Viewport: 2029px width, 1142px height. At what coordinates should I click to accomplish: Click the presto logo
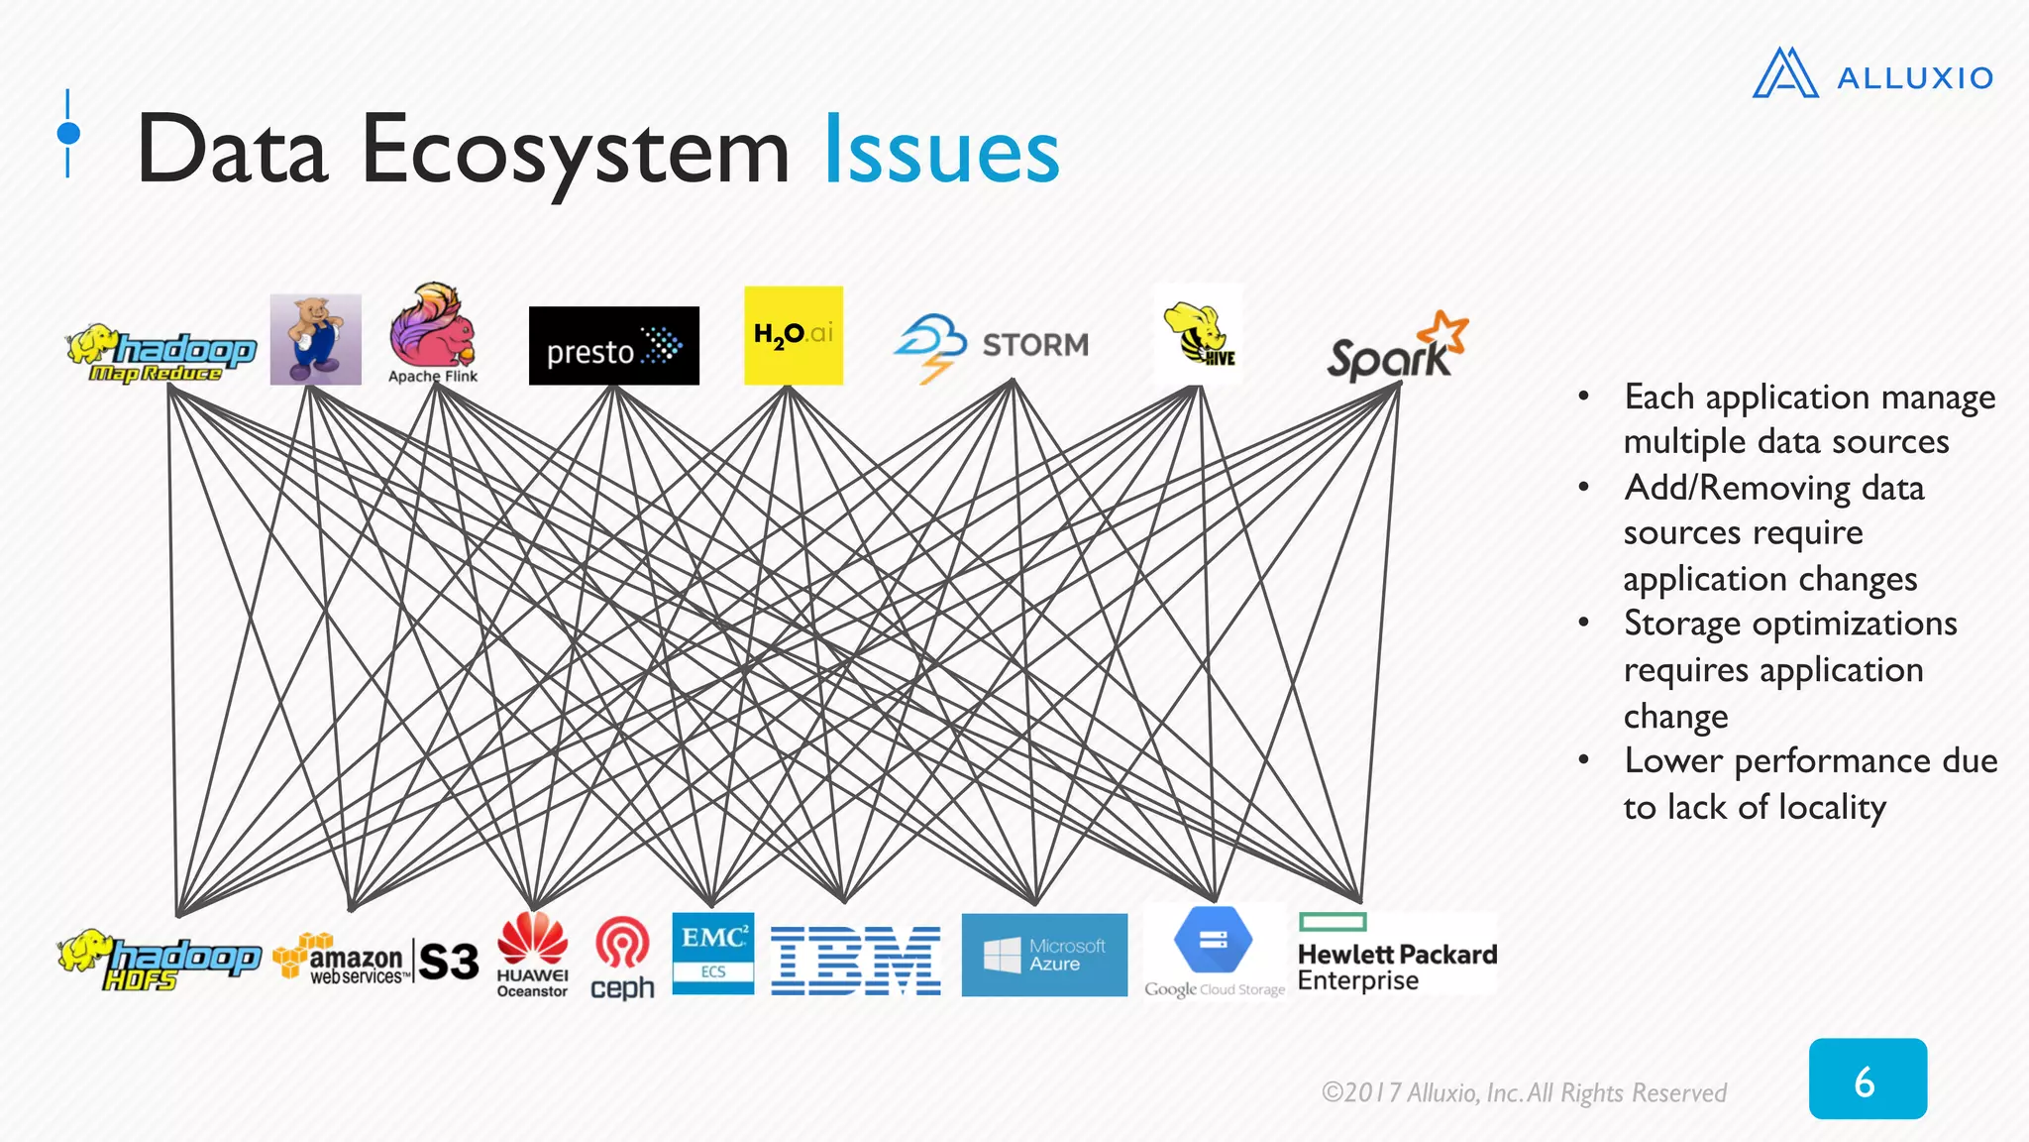click(x=613, y=346)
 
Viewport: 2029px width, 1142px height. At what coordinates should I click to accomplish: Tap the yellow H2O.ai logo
click(x=793, y=335)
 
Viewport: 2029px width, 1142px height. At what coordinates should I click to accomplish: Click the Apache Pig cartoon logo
click(x=315, y=339)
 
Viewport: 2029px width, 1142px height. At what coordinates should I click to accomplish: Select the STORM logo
click(x=992, y=346)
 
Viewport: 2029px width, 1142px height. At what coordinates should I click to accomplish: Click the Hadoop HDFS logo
click(x=159, y=960)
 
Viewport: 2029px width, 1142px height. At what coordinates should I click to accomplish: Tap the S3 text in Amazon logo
click(x=448, y=962)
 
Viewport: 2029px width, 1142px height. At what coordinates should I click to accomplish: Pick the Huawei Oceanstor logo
click(x=532, y=954)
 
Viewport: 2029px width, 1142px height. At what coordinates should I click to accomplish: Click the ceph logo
click(x=622, y=958)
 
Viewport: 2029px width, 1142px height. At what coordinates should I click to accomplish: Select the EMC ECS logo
click(x=712, y=953)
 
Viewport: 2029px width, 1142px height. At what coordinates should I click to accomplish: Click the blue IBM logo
click(x=855, y=961)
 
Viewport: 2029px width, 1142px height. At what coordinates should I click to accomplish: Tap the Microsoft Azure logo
click(x=1043, y=955)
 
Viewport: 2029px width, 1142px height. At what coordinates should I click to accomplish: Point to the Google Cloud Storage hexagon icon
click(x=1213, y=940)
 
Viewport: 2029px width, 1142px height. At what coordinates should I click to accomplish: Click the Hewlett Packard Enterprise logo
click(x=1396, y=954)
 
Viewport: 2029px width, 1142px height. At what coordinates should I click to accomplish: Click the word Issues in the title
click(x=941, y=152)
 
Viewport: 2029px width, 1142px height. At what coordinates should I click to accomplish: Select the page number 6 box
click(x=1867, y=1080)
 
